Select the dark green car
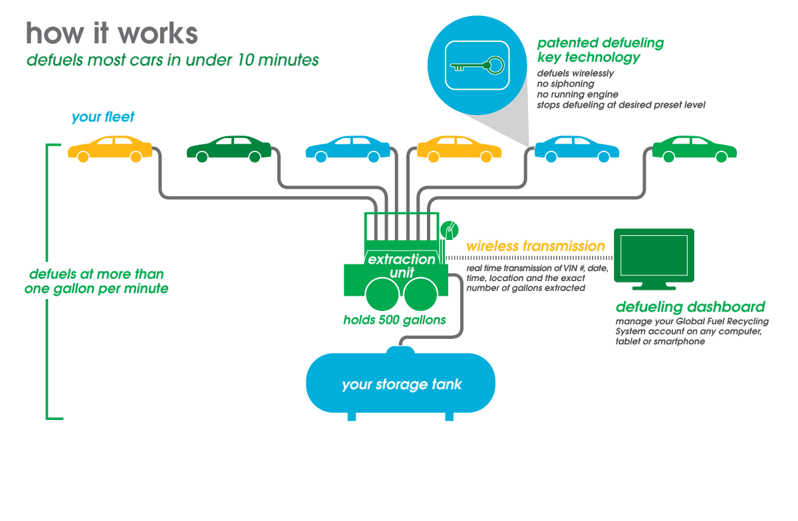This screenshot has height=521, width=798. pyautogui.click(x=228, y=150)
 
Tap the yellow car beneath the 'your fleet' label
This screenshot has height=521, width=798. pyautogui.click(x=110, y=149)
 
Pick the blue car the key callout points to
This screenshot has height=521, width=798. pyautogui.click(x=577, y=149)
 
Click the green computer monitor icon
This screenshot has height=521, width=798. pyautogui.click(x=654, y=259)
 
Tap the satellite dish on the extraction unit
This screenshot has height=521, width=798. pyautogui.click(x=449, y=229)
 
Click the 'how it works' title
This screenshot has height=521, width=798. pyautogui.click(x=112, y=33)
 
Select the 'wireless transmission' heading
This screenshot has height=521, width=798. pyautogui.click(x=535, y=246)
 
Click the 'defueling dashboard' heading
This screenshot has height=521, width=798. pyautogui.click(x=690, y=307)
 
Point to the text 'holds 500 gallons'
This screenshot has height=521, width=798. pyautogui.click(x=394, y=320)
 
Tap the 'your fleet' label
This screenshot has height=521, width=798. pyautogui.click(x=103, y=117)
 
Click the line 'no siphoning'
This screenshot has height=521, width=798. pyautogui.click(x=565, y=84)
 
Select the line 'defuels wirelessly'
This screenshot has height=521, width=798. pyautogui.click(x=575, y=73)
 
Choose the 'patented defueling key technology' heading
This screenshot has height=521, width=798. pyautogui.click(x=600, y=51)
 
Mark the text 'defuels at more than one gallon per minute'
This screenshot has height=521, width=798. pyautogui.click(x=96, y=281)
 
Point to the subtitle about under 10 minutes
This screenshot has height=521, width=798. pyautogui.click(x=173, y=60)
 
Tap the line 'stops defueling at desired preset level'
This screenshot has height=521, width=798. pyautogui.click(x=620, y=105)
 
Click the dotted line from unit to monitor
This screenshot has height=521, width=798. pyautogui.click(x=525, y=257)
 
